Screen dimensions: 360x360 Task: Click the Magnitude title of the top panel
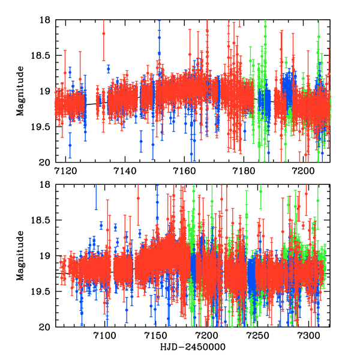click(20, 91)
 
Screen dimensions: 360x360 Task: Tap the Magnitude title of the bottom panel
click(20, 256)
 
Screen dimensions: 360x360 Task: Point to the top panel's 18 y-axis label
click(44, 20)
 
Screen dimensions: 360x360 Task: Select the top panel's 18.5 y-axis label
click(40, 56)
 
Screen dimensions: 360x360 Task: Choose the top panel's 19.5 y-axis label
click(40, 127)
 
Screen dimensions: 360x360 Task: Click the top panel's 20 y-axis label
click(44, 162)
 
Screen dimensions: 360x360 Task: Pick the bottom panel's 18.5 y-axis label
click(40, 221)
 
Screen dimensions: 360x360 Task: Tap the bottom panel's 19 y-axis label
click(44, 256)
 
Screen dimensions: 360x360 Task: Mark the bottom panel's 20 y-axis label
click(44, 327)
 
